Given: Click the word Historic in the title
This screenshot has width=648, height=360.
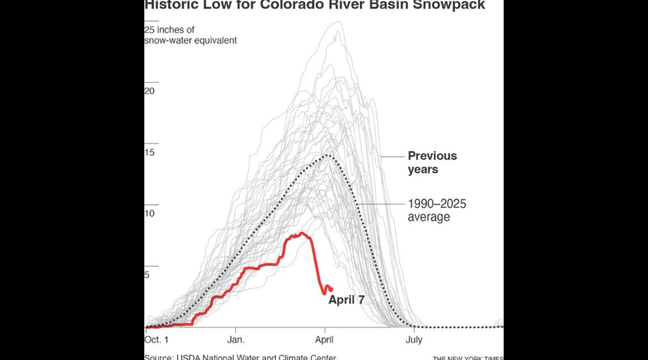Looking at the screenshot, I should point(169,5).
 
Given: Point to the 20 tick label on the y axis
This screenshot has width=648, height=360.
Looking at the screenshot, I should point(150,91).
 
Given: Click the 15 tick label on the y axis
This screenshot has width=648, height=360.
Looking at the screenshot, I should point(150,152).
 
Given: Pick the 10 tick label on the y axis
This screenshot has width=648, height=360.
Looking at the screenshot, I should point(150,213).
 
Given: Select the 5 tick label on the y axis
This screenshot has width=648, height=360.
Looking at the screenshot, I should point(147,274).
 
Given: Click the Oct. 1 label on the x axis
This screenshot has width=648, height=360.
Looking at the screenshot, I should point(157,340).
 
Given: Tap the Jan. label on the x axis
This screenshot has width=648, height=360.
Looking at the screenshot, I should point(235,340).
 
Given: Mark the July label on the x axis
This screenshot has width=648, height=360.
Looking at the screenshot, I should point(414,340).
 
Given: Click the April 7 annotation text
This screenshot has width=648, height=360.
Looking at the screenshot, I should point(347,300).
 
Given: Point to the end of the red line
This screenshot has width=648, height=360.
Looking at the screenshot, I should point(331,289).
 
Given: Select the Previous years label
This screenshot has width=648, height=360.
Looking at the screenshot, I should point(432,162).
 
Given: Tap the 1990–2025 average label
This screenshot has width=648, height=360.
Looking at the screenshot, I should point(436,210).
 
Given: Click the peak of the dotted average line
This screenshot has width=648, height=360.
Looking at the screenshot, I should point(328,155).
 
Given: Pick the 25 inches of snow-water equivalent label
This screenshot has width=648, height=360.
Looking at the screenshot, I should point(191,35).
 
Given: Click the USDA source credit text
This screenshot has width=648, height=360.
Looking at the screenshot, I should point(240,357).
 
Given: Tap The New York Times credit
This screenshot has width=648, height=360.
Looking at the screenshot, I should point(468,358).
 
